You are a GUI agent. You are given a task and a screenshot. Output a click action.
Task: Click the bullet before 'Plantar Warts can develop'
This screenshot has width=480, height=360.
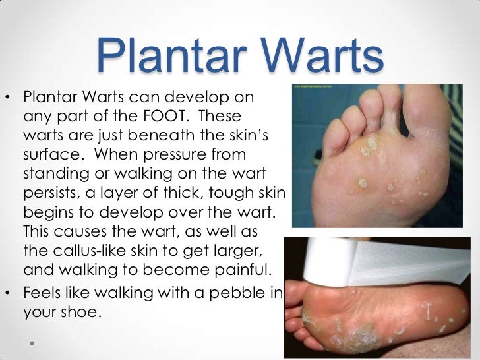(x=9, y=98)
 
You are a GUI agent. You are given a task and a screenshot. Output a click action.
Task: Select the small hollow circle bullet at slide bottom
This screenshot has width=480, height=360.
(x=32, y=344)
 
